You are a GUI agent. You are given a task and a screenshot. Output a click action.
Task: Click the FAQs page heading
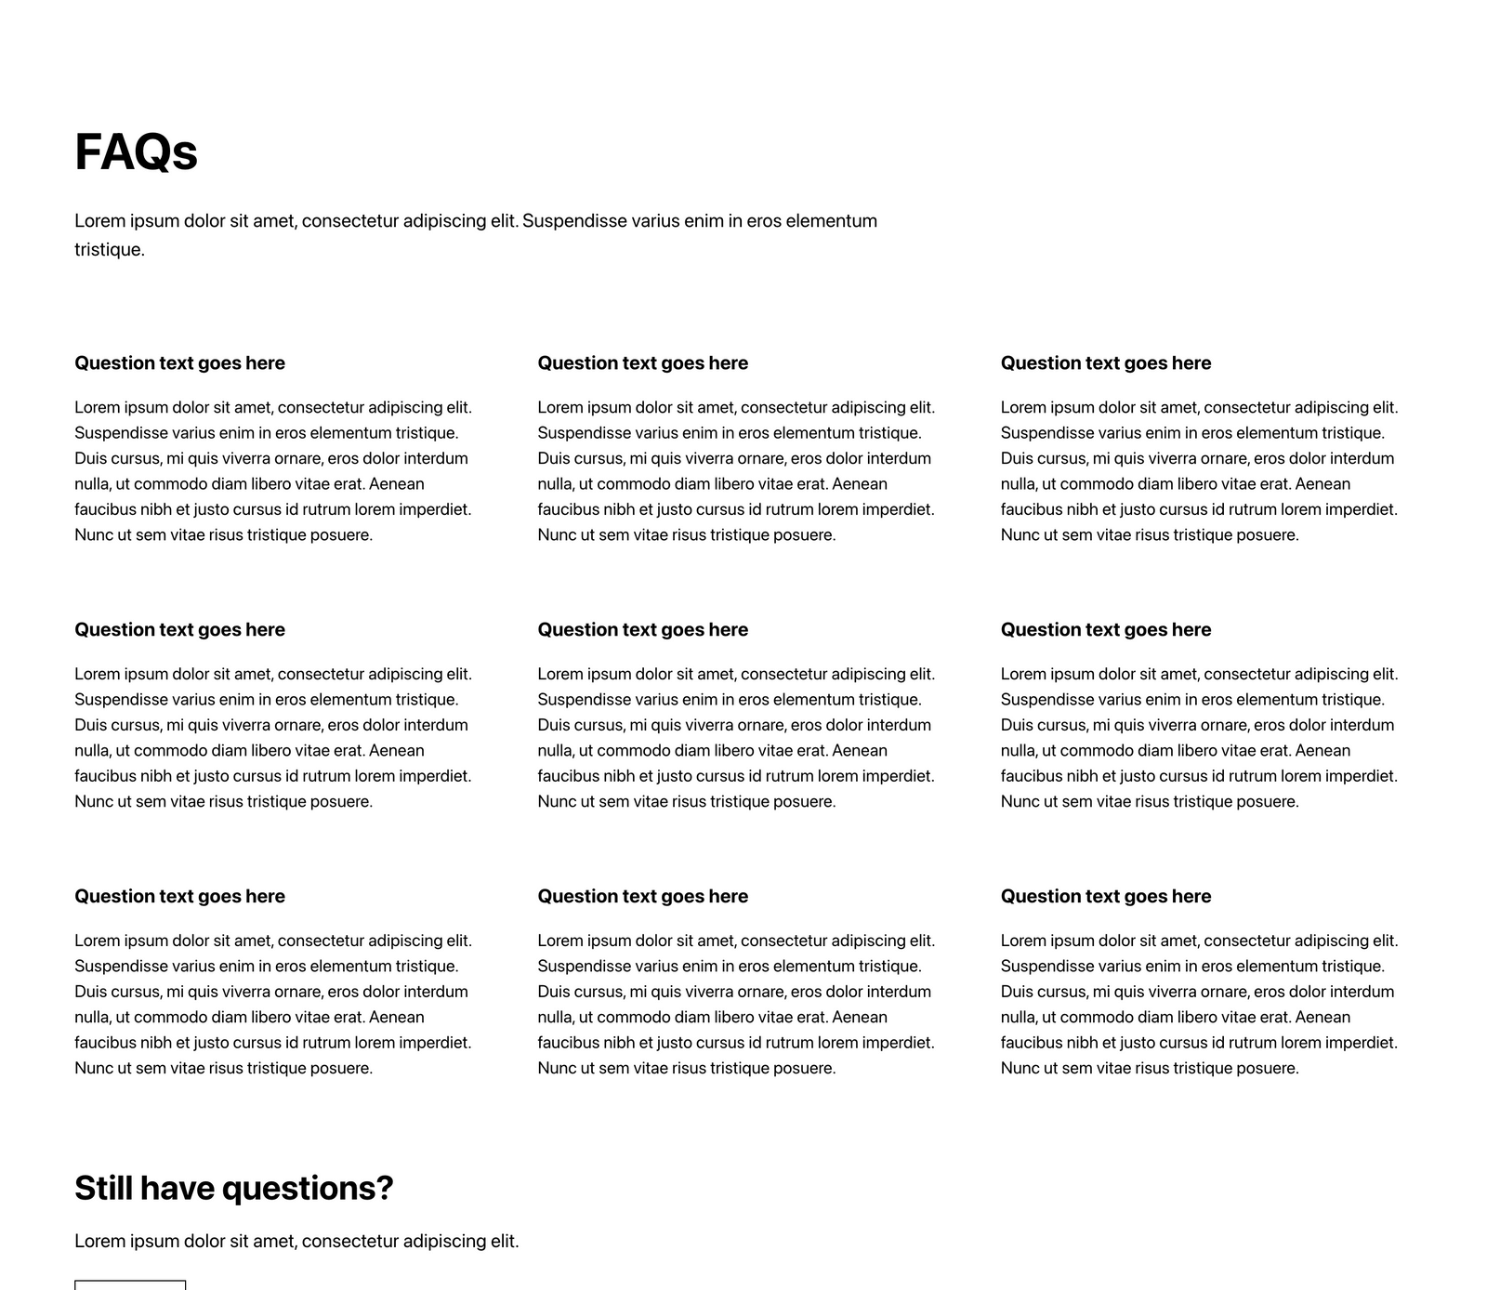[136, 152]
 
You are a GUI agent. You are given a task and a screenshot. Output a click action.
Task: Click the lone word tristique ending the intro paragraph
[109, 250]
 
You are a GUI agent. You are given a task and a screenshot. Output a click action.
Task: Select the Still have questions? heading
[233, 1188]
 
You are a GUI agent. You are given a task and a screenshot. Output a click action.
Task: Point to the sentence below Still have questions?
[296, 1241]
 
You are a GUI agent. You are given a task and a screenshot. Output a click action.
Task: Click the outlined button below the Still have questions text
[130, 1284]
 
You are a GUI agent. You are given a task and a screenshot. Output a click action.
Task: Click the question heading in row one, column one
[179, 363]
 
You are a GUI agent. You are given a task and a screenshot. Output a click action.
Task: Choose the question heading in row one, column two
[642, 363]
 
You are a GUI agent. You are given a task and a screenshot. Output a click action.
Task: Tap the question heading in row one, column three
[1105, 363]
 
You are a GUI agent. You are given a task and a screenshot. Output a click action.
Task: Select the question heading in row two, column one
[179, 630]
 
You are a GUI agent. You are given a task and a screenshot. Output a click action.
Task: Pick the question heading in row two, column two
[642, 630]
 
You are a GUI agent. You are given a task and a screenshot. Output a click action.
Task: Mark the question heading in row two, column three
[1105, 630]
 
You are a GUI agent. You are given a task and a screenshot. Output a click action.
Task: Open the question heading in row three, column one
[179, 897]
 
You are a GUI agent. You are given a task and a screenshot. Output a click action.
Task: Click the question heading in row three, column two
[642, 897]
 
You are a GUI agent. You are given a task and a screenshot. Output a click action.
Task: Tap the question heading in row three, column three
[1105, 897]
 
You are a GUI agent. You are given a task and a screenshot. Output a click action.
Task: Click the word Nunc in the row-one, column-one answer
[93, 535]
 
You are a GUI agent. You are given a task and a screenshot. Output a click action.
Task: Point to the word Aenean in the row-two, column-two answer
[859, 751]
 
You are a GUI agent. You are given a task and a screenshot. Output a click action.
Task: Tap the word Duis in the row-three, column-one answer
[89, 992]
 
